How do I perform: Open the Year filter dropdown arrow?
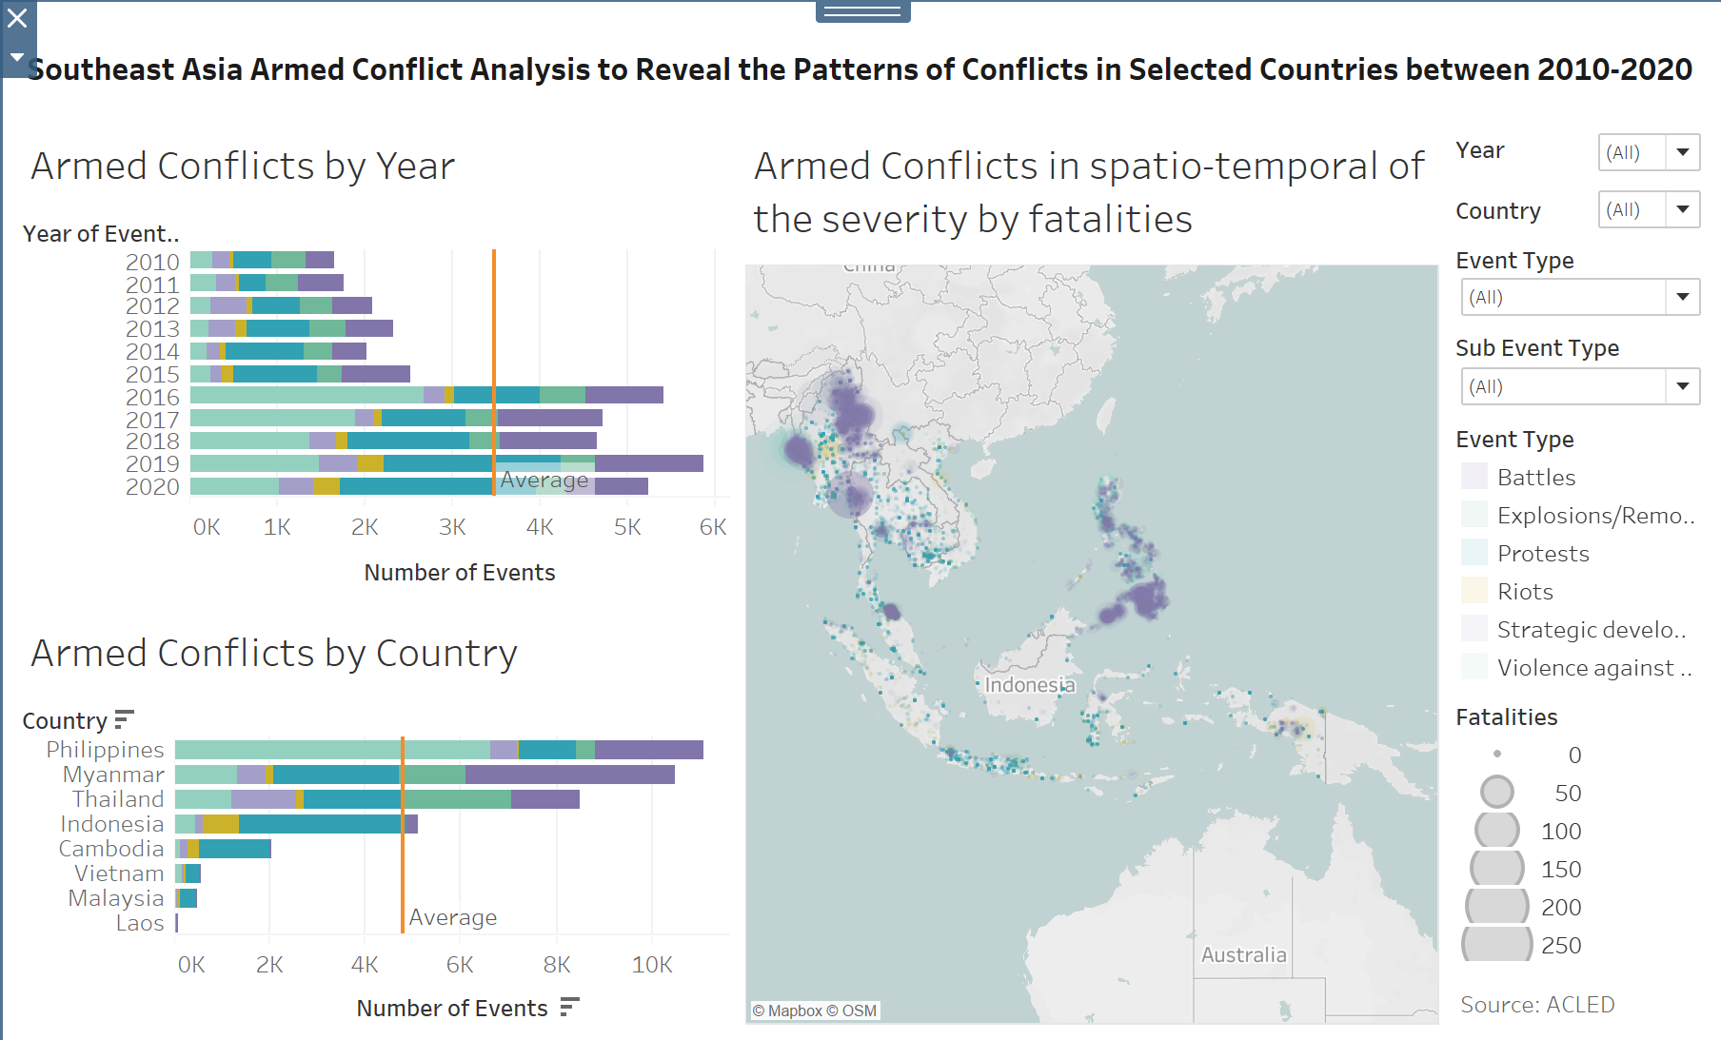(x=1682, y=152)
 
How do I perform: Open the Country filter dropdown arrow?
(x=1682, y=209)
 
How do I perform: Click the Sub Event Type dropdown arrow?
(x=1682, y=386)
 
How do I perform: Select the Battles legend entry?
(x=1535, y=478)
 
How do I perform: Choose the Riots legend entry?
(x=1524, y=592)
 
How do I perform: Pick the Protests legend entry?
(x=1542, y=554)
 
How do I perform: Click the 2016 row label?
(x=152, y=397)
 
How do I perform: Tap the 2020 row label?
(x=152, y=487)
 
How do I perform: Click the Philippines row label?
(x=106, y=750)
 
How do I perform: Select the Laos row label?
(x=140, y=923)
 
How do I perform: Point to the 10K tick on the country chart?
(x=652, y=965)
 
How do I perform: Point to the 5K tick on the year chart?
(x=627, y=527)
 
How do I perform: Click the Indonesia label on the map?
(x=1029, y=685)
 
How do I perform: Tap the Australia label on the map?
(x=1243, y=955)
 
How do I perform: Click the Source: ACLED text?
(x=1537, y=1005)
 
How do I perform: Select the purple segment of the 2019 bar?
(x=648, y=463)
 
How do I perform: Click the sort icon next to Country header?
(x=124, y=720)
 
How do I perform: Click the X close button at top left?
(x=17, y=18)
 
